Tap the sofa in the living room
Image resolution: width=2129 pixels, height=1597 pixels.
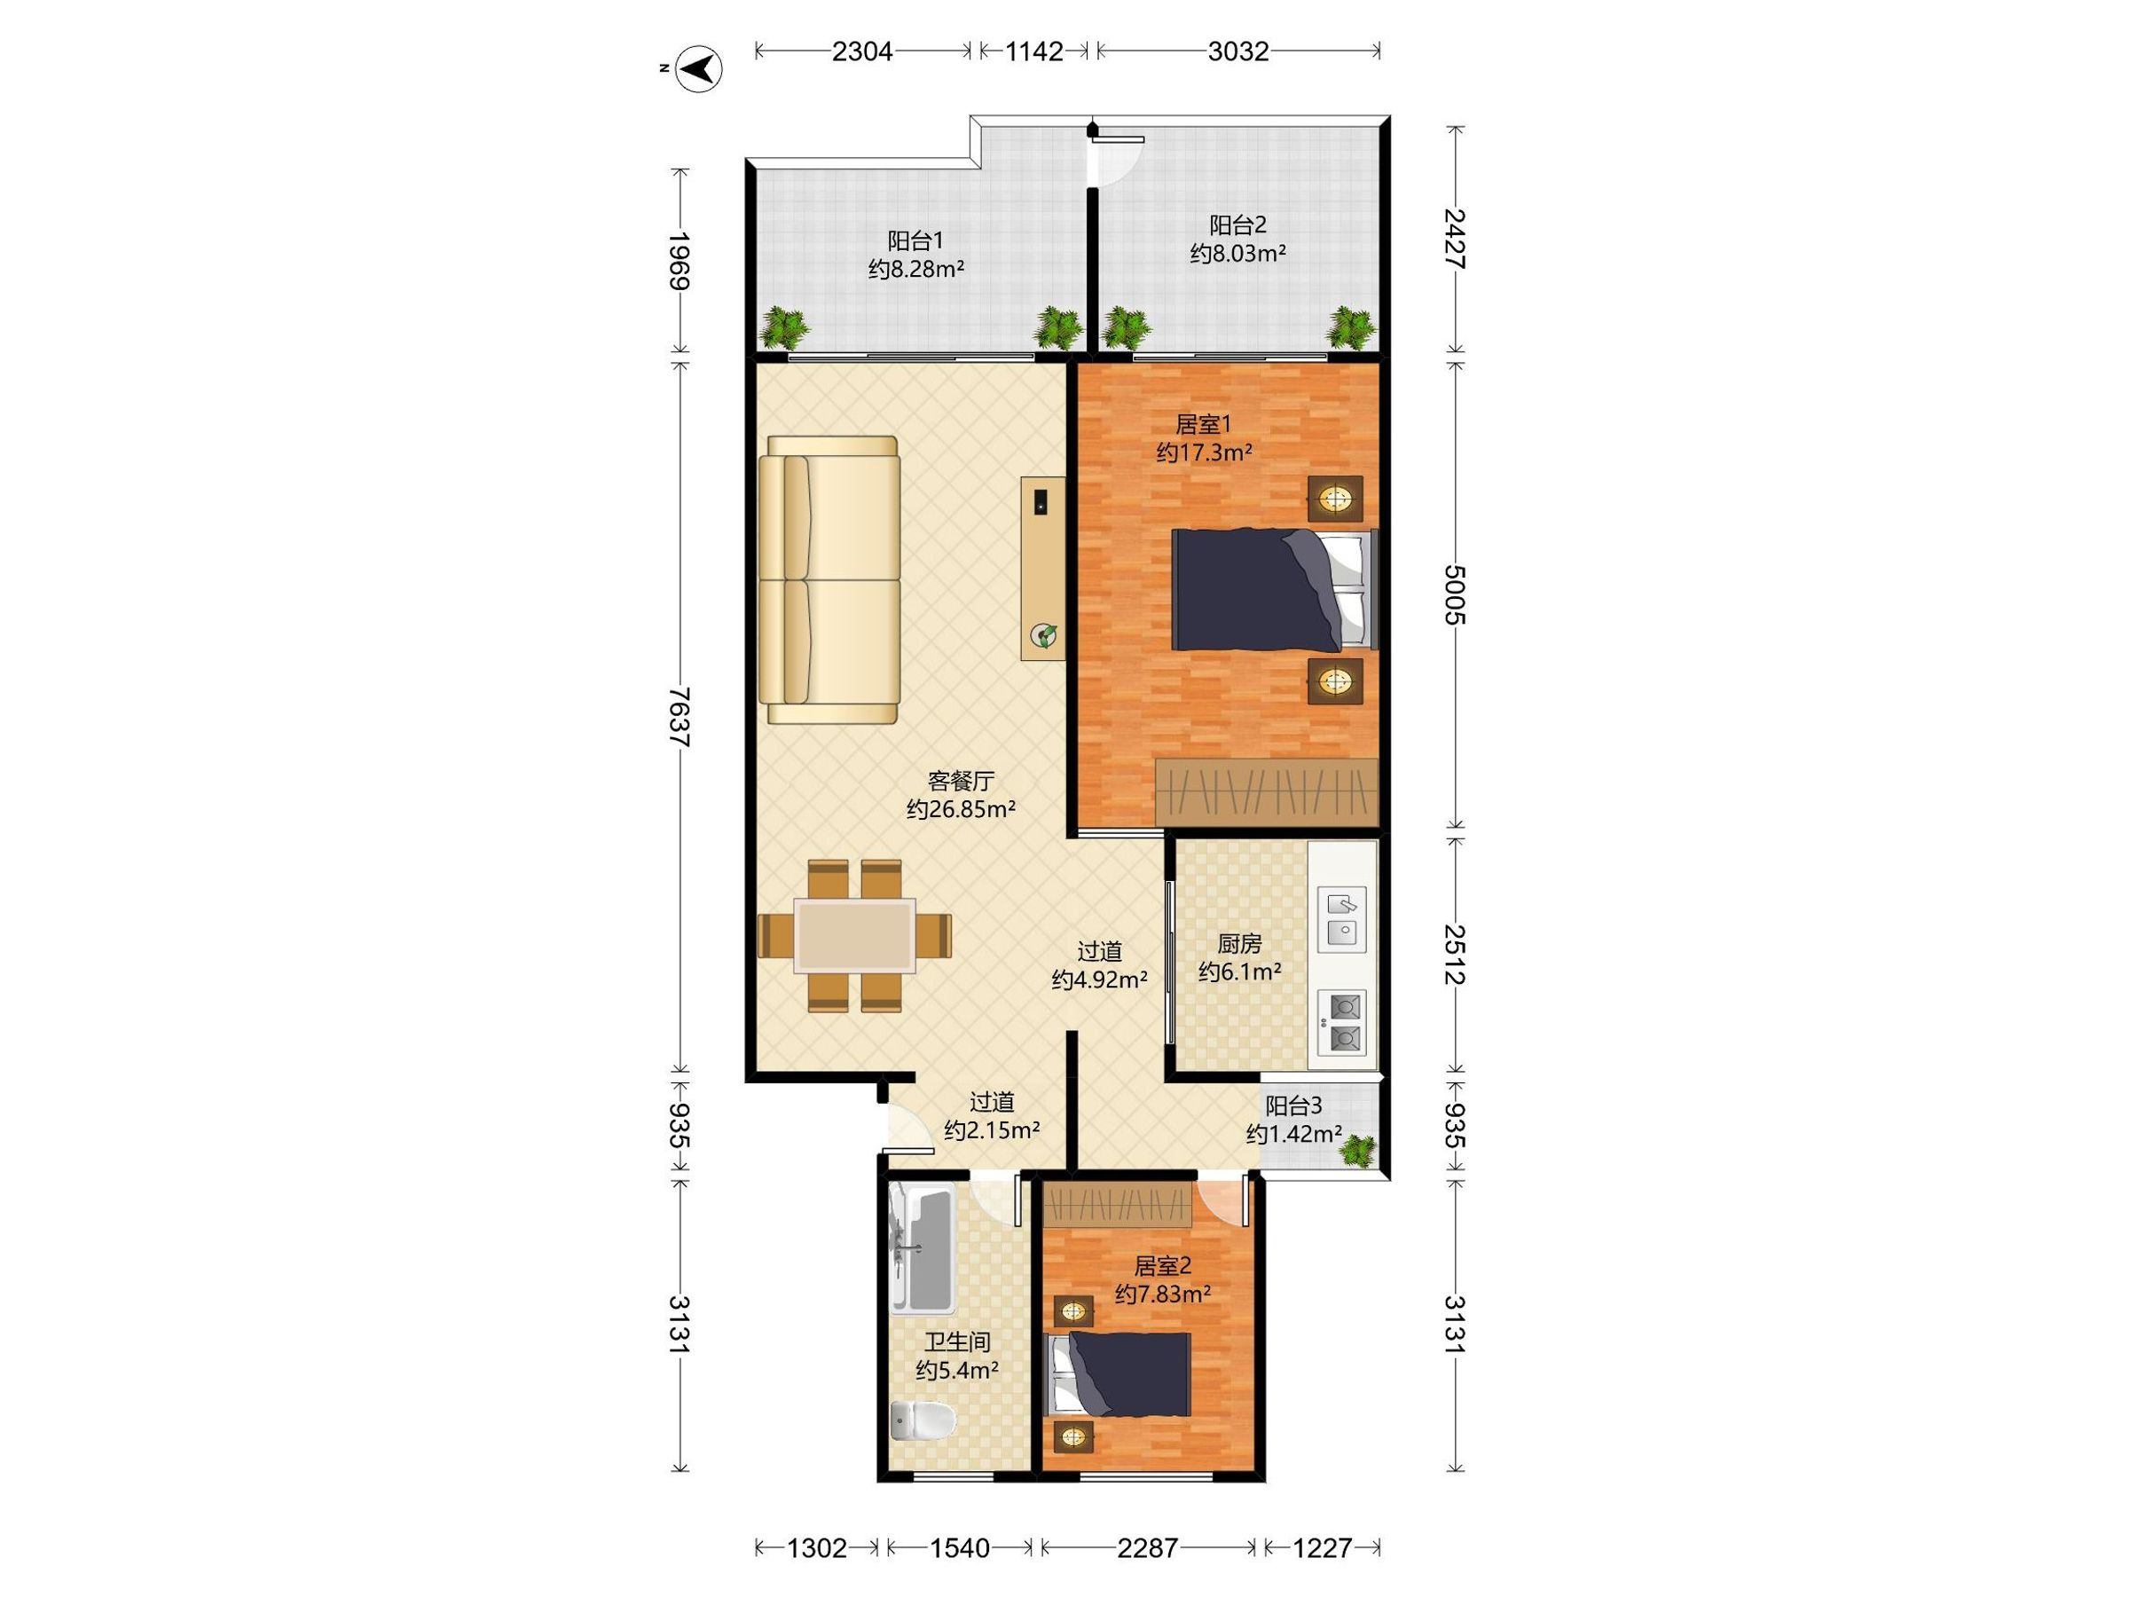[x=829, y=579]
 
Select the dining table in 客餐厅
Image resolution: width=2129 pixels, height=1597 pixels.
[x=854, y=936]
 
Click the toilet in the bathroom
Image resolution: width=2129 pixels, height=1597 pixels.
[x=922, y=1420]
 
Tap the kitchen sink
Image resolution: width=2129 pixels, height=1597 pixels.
[x=1341, y=918]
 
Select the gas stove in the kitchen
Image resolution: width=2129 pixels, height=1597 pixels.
[x=1341, y=1022]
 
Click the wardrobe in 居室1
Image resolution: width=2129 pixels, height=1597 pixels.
[x=1267, y=792]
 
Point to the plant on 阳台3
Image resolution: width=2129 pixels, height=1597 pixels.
[x=1360, y=1151]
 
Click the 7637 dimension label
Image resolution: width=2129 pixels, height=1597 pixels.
[x=680, y=718]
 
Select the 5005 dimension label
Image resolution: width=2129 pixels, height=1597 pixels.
[x=1456, y=595]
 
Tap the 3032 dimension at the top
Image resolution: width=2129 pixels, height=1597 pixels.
[x=1238, y=51]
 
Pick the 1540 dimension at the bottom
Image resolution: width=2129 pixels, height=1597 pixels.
[x=960, y=1548]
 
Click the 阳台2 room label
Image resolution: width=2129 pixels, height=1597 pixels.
[x=1237, y=225]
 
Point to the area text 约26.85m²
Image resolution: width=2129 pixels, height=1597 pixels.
[x=962, y=809]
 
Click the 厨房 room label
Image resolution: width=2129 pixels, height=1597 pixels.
[x=1238, y=944]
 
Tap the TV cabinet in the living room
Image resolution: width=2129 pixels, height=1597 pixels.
[x=1043, y=568]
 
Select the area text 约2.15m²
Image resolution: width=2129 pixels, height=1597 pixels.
[x=992, y=1130]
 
